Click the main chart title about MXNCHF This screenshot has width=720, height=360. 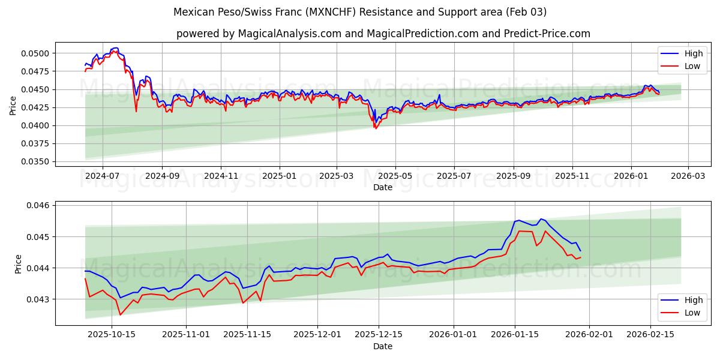coord(360,12)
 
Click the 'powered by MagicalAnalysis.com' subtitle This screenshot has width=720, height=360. coord(383,34)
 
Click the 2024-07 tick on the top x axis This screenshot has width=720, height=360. coord(102,175)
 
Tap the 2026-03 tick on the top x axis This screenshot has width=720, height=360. coord(688,175)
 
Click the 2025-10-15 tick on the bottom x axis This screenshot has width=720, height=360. coord(111,334)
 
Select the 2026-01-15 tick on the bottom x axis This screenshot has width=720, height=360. coord(514,334)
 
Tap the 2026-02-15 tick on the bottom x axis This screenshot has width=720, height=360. coord(650,334)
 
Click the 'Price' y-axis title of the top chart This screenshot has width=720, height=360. coord(13,106)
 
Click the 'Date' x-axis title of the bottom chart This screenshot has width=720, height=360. coord(383,346)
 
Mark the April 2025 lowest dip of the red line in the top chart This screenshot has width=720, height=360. coord(376,128)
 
